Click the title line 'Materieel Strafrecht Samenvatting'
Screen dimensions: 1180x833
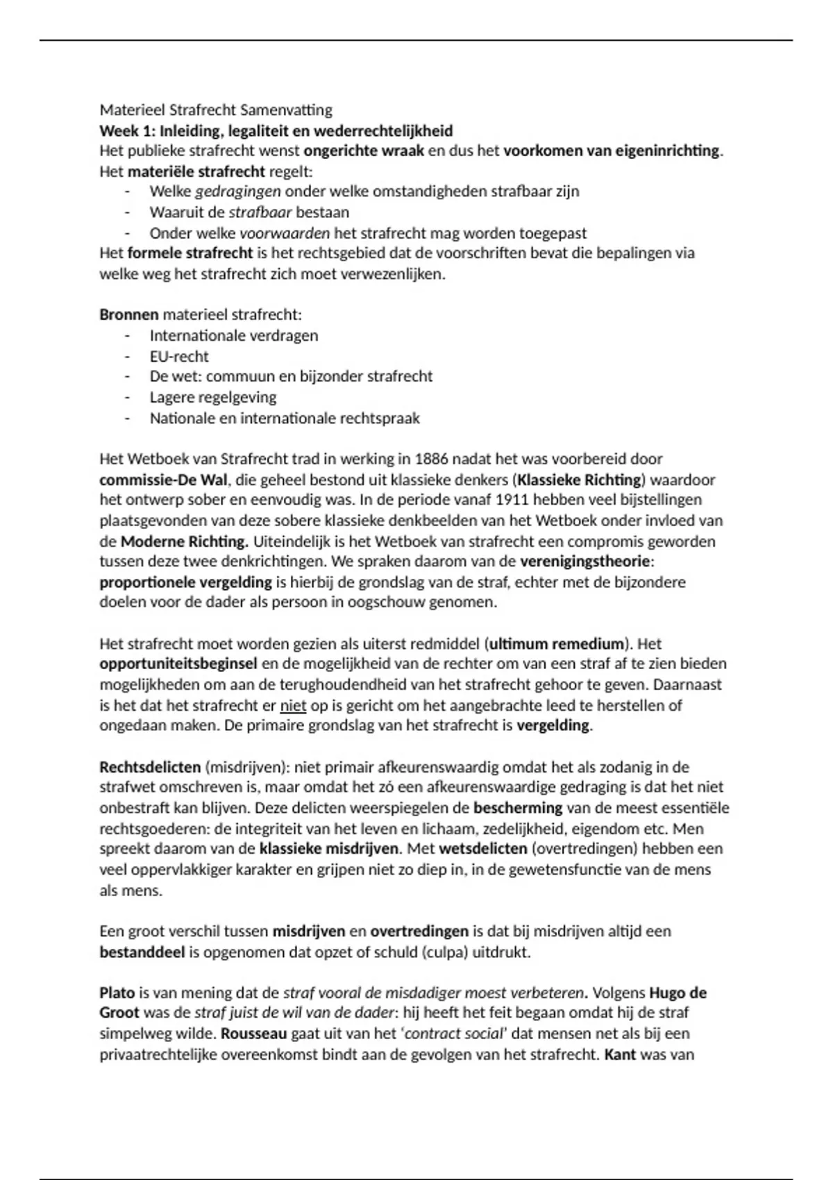pos(216,110)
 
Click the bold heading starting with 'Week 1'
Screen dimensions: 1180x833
pos(276,130)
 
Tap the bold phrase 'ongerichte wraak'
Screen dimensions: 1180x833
pos(364,151)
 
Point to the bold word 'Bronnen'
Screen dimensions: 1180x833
pos(129,314)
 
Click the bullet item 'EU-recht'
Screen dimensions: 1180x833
pos(179,356)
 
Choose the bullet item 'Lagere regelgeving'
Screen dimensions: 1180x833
pos(212,397)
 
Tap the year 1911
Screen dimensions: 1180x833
pos(525,500)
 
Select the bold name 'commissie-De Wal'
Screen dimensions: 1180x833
pos(163,480)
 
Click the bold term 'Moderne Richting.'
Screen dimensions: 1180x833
pos(184,541)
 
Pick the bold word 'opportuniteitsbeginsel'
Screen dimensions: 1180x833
pos(178,664)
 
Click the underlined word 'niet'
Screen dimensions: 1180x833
pos(293,705)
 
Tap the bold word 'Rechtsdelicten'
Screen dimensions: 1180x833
pos(149,767)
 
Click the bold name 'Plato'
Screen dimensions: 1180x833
pos(117,993)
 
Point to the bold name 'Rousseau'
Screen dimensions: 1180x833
pos(253,1034)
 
